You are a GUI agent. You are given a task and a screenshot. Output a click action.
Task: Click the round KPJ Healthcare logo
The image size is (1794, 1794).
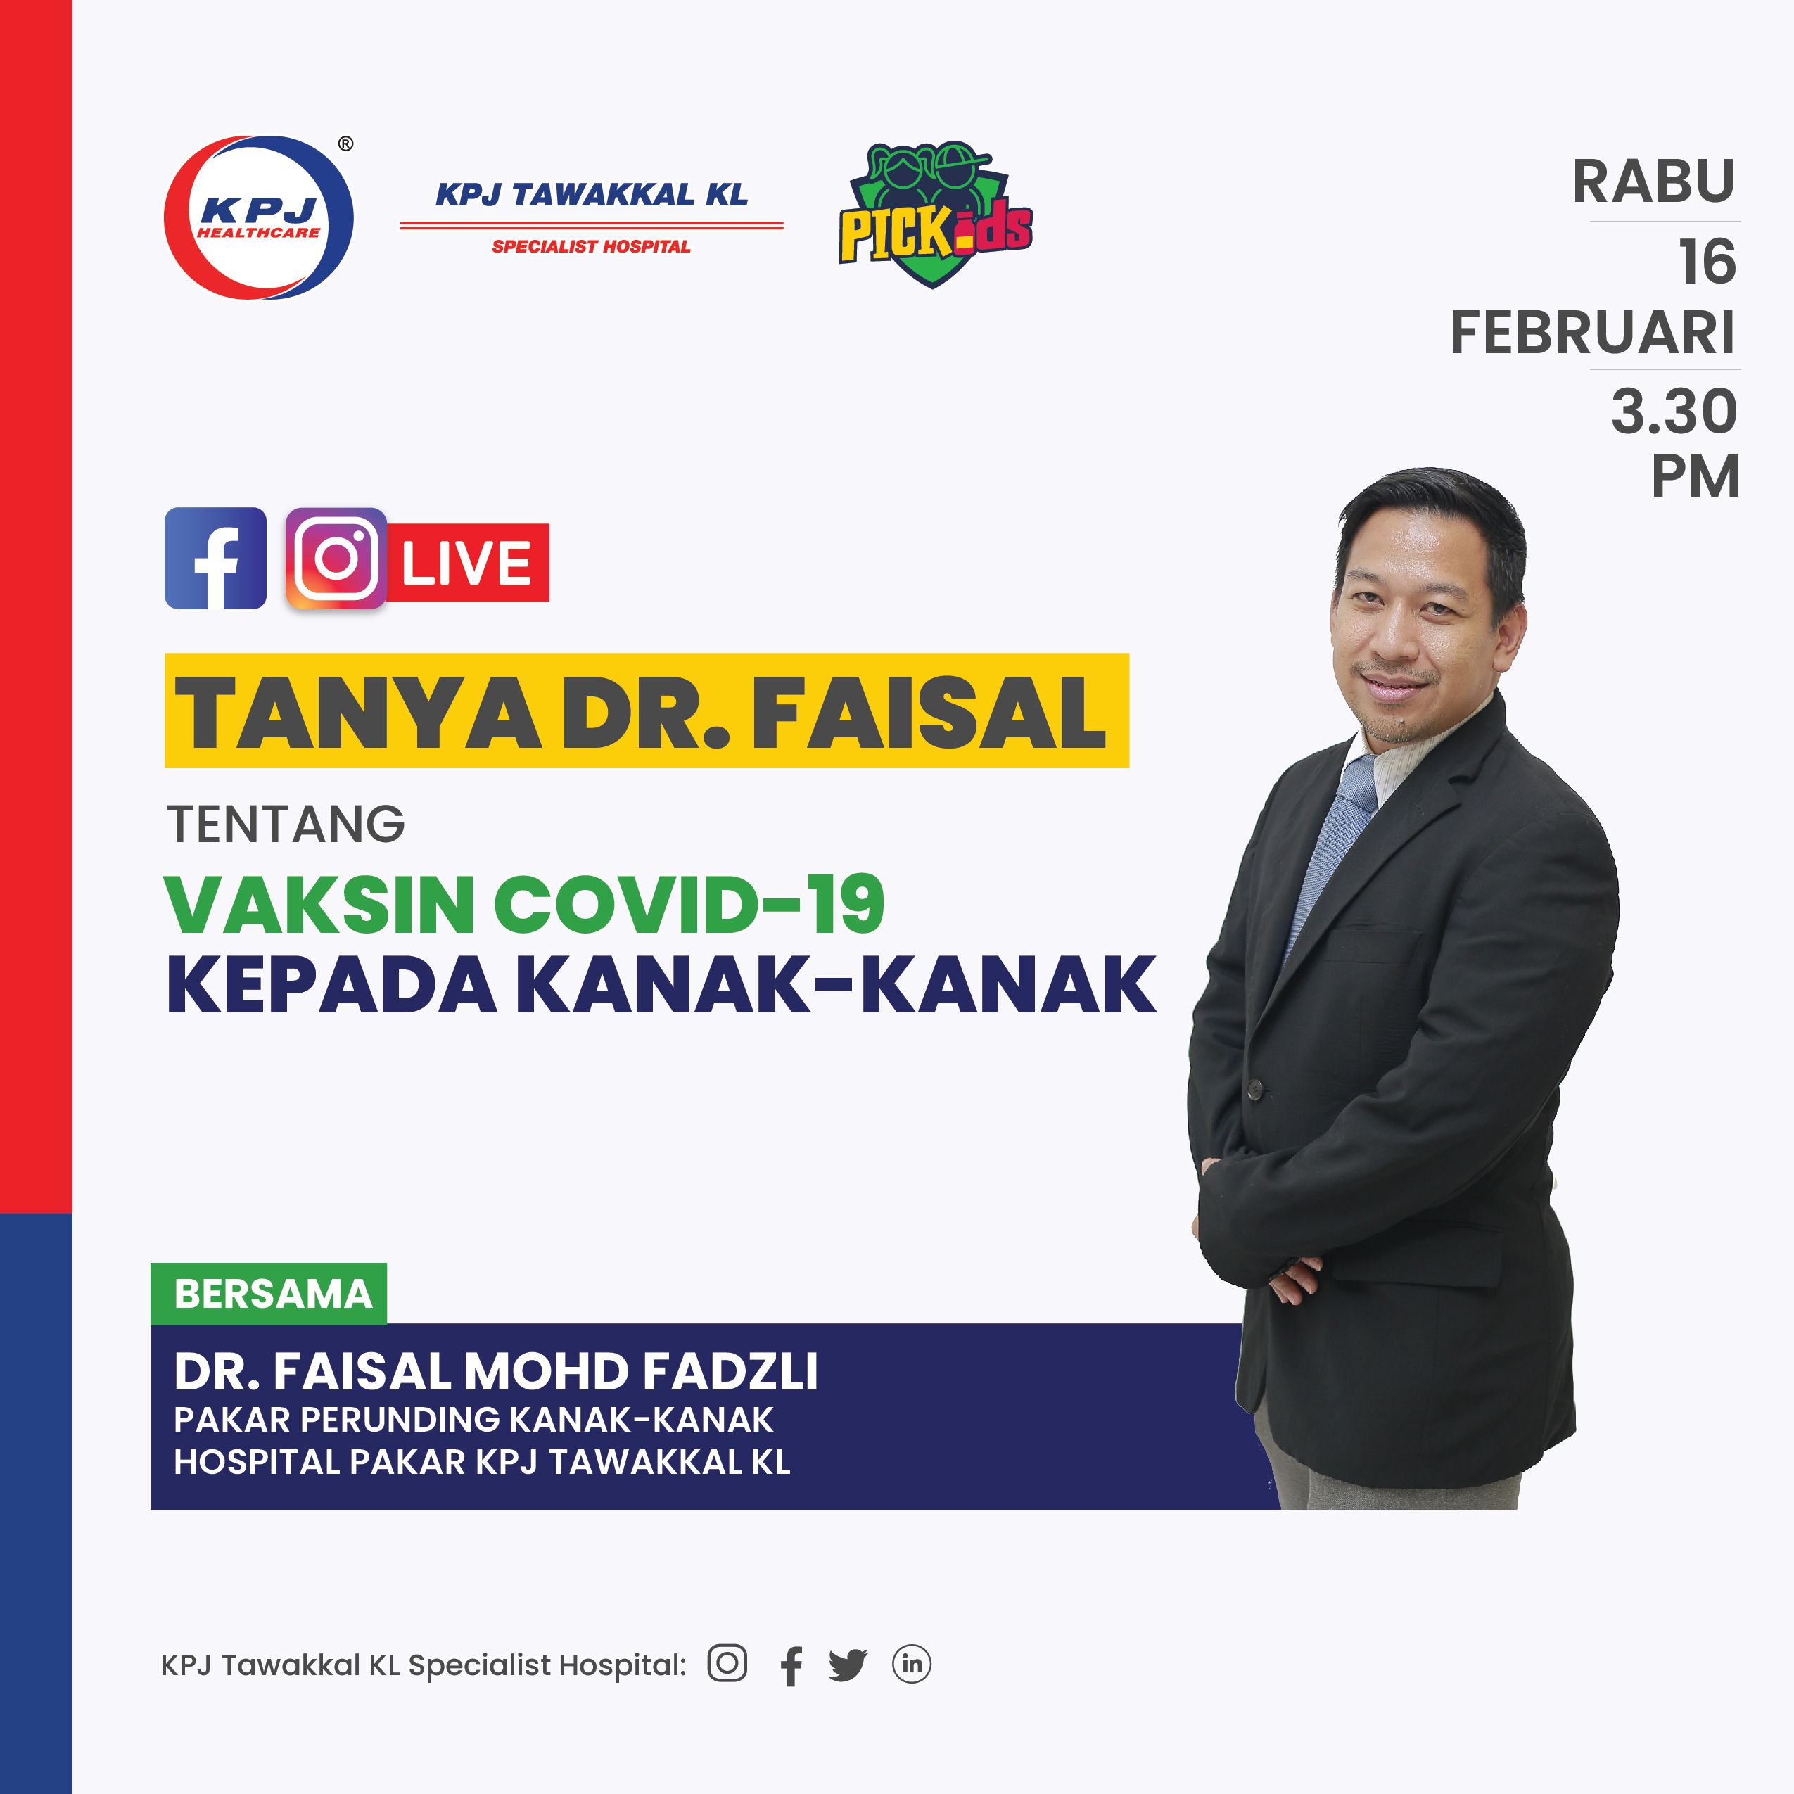[258, 217]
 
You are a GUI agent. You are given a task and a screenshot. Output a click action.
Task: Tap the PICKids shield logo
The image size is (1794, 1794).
[934, 215]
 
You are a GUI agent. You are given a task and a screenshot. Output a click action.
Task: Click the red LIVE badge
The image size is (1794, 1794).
[466, 563]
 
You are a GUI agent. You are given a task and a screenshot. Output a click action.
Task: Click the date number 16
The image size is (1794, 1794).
[1706, 262]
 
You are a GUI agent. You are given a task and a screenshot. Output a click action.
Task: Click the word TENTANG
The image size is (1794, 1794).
[286, 825]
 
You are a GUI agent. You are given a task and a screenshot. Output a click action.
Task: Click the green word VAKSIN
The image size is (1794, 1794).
[319, 905]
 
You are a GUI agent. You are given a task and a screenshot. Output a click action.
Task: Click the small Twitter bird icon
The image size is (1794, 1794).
[847, 1665]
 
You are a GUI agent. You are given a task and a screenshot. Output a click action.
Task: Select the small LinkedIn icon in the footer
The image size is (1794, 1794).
[911, 1664]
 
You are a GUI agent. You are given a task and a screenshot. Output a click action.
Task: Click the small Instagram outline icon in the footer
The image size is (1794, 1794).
[727, 1663]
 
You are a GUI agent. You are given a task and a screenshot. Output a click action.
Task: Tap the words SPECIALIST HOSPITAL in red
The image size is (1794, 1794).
[590, 246]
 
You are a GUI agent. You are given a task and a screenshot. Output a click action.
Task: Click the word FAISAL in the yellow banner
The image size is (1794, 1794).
[929, 712]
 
